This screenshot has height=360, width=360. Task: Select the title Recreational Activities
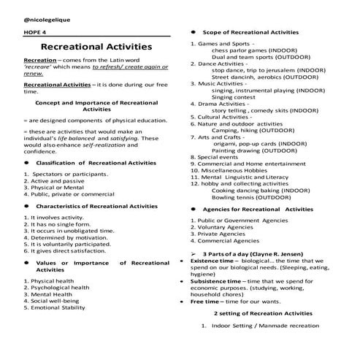[x=96, y=47]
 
